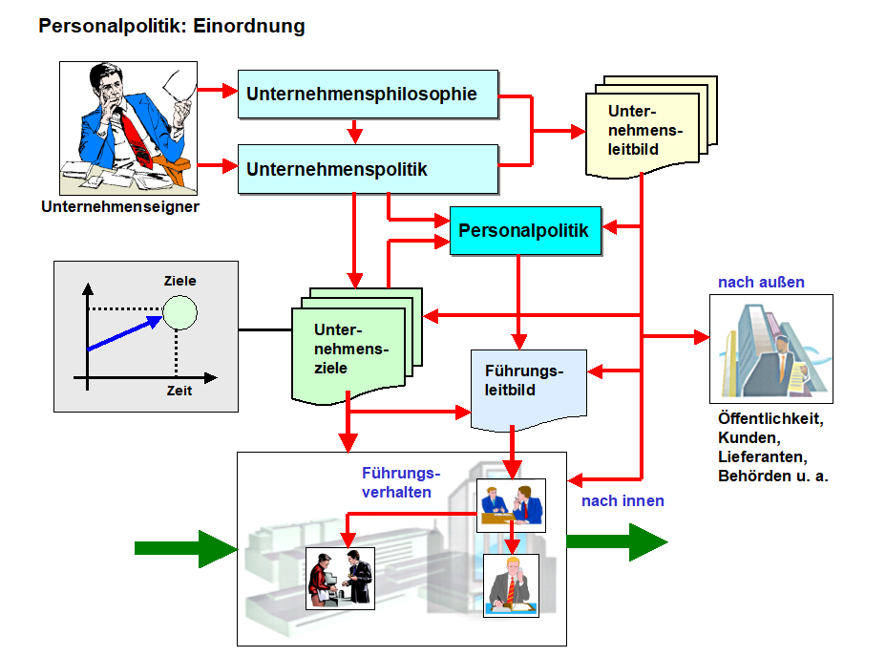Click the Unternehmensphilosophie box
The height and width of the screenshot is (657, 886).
click(x=368, y=94)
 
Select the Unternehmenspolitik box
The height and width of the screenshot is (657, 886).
click(x=368, y=169)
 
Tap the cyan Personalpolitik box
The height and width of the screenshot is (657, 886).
click(x=525, y=230)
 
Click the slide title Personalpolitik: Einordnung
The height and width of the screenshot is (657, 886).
click(x=172, y=26)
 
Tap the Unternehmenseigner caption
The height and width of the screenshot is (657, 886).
click(x=120, y=205)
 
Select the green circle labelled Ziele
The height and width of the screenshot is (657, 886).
click(x=179, y=311)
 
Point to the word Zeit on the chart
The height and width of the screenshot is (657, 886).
click(x=179, y=391)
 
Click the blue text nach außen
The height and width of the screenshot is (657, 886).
click(x=761, y=282)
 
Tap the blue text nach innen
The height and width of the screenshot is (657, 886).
click(x=622, y=500)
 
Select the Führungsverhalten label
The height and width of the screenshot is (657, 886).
click(x=400, y=482)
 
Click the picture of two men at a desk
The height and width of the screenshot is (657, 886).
click(x=511, y=504)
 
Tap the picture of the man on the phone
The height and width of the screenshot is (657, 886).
click(x=511, y=585)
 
